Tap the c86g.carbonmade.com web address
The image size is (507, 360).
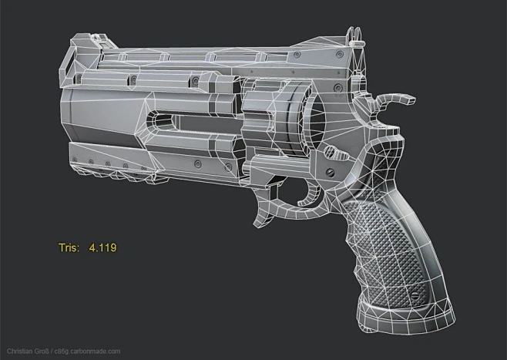click(91, 352)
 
